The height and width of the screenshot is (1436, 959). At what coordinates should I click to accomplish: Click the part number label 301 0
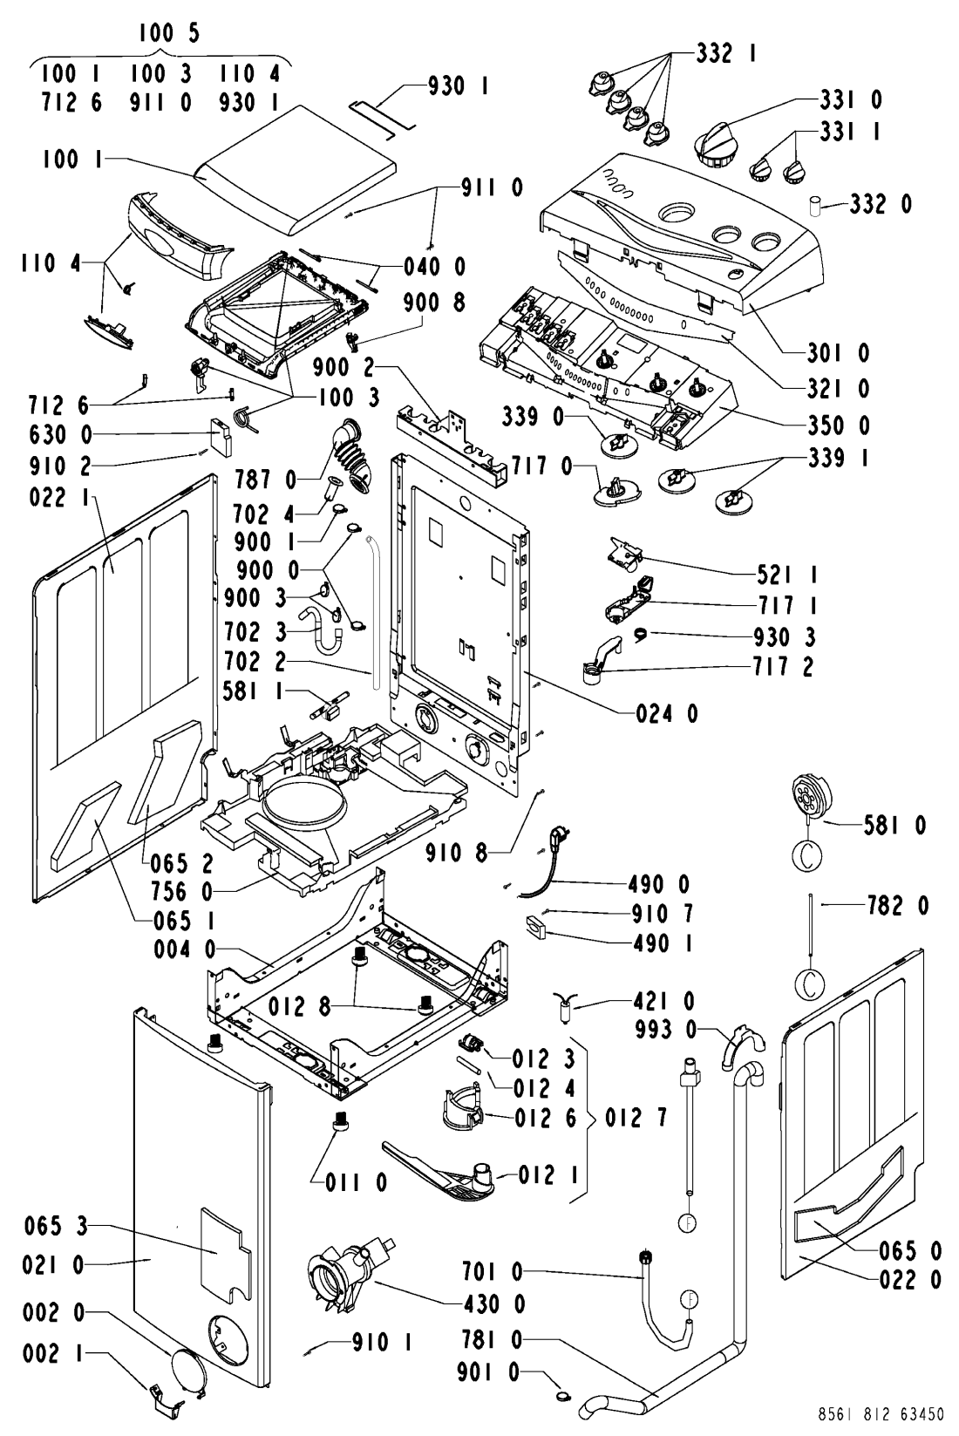click(838, 352)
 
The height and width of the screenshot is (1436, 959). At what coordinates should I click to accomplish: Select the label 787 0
click(265, 479)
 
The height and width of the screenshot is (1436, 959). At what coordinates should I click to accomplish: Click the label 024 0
click(667, 713)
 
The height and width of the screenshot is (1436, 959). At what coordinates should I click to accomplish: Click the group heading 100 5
click(169, 33)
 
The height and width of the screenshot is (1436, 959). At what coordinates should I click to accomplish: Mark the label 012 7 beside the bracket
click(636, 1118)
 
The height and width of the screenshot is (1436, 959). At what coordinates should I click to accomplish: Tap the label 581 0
click(894, 825)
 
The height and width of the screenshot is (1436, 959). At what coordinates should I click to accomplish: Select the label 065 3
click(56, 1227)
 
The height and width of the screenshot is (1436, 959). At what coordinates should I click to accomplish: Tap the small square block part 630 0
click(221, 436)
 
